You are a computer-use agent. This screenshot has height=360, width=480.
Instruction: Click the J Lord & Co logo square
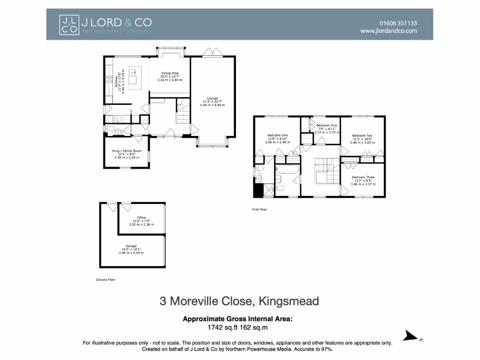point(68,24)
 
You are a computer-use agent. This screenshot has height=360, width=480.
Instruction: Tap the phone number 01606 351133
point(398,22)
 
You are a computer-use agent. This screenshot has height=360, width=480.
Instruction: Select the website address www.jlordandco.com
point(388,31)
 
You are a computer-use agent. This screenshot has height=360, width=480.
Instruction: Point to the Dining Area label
point(170,73)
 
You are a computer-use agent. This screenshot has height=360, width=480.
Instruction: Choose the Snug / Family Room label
point(126,151)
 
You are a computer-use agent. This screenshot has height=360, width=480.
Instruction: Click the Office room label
point(141,217)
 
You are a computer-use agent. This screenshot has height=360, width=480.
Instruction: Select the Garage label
point(131,246)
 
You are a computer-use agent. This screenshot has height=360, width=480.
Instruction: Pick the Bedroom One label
point(278,135)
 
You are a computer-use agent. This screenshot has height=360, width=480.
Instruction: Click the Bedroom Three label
point(363,177)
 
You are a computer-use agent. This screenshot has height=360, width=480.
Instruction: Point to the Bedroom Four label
point(327,126)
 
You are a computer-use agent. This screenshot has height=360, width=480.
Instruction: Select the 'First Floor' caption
point(259,210)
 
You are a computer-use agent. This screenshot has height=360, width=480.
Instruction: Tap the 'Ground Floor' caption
point(105,279)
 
